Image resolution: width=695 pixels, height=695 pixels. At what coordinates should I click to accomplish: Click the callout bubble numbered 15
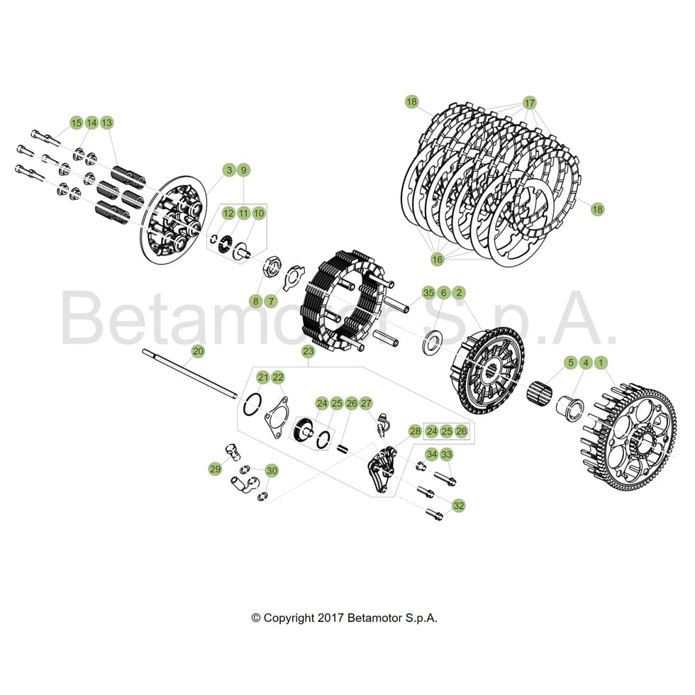(x=76, y=123)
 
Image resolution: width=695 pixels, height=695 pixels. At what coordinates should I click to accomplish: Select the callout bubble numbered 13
(x=107, y=123)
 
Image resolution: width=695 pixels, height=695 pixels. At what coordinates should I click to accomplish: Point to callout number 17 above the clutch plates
(x=529, y=102)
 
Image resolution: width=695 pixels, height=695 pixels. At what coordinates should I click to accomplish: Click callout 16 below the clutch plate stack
(x=437, y=260)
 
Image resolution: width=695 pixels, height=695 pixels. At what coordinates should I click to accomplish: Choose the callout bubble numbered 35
(x=428, y=292)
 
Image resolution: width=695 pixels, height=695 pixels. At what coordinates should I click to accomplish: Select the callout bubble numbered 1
(x=601, y=362)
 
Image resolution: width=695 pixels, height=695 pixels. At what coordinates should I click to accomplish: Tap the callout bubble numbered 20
(x=198, y=351)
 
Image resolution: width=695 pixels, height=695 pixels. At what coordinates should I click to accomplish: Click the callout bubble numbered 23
(x=308, y=351)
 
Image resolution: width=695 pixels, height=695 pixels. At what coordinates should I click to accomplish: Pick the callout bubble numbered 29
(x=215, y=469)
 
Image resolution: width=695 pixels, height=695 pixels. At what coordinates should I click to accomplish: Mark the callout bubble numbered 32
(x=459, y=506)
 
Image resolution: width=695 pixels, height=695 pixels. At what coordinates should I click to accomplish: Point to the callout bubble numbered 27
(x=366, y=404)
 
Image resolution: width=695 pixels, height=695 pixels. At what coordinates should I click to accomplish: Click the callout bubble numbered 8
(x=255, y=301)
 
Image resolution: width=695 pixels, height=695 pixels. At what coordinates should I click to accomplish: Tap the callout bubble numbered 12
(x=228, y=213)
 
